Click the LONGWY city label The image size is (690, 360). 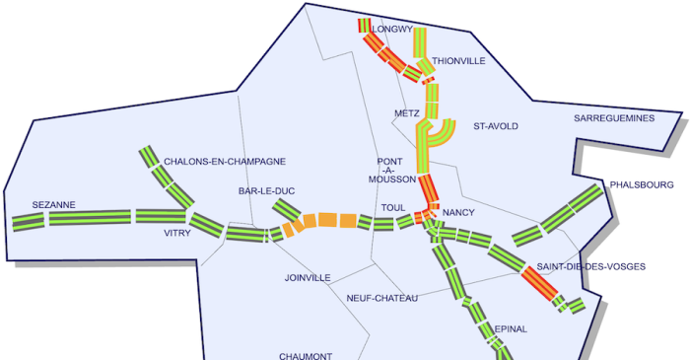(x=392, y=30)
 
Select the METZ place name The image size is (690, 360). (x=406, y=113)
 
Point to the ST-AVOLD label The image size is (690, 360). (x=495, y=126)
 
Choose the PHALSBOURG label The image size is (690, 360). (x=642, y=184)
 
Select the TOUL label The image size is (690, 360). (x=393, y=208)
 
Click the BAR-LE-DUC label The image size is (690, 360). (x=266, y=190)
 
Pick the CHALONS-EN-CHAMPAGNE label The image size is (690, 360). (x=225, y=161)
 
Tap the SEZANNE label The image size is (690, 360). (x=53, y=205)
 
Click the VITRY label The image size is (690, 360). (x=177, y=234)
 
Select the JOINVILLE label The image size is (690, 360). (x=307, y=278)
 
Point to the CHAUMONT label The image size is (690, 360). (x=305, y=356)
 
